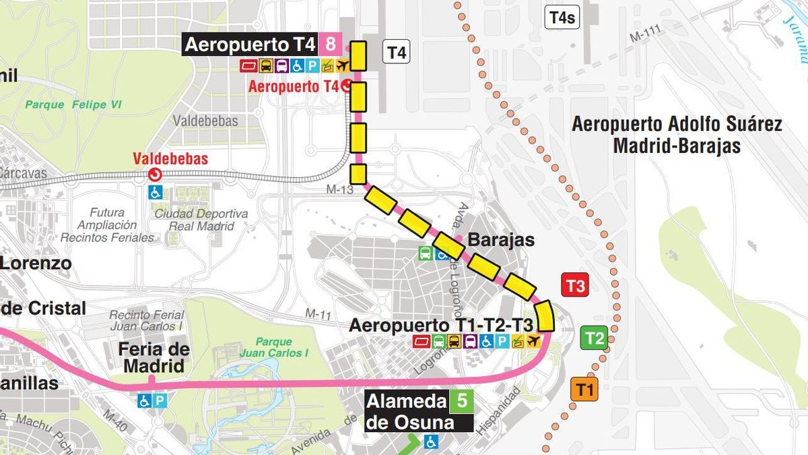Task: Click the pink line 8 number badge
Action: [330, 45]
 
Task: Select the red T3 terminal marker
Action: [575, 286]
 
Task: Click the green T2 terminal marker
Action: [594, 338]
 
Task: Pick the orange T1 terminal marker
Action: [584, 389]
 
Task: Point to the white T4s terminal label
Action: [562, 18]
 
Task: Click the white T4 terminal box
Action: [397, 53]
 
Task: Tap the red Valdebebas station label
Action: [170, 159]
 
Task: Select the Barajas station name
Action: [501, 240]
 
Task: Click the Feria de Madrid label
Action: [154, 358]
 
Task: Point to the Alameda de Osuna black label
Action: [409, 412]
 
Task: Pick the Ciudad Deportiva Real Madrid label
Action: [201, 220]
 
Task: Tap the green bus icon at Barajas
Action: [426, 253]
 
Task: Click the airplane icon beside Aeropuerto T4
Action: [343, 66]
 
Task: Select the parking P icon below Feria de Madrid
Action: [160, 400]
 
